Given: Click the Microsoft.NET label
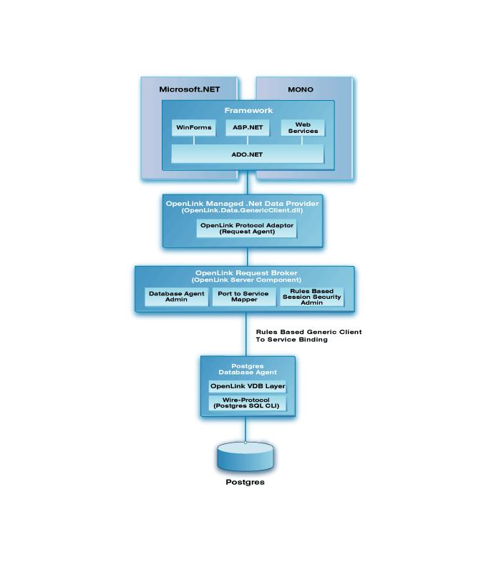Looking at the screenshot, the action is [x=190, y=89].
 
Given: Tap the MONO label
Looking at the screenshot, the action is [x=301, y=89].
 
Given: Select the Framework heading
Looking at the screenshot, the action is [x=248, y=110].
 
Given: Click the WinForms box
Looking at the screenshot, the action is [x=193, y=127].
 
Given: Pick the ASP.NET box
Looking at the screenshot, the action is [x=248, y=127].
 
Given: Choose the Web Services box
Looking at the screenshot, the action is [x=303, y=128].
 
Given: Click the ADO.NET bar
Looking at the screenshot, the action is [x=247, y=154].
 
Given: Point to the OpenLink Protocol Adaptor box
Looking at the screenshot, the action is [x=247, y=228].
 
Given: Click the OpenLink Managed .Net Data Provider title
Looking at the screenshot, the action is [x=242, y=204].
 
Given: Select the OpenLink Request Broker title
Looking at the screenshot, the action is [x=246, y=273].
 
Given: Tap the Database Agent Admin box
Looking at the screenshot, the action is [x=176, y=297].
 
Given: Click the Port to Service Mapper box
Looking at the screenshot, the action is [x=244, y=297].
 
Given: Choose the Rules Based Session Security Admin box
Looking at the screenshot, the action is [x=311, y=297].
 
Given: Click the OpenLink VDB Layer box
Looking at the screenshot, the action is [x=248, y=386].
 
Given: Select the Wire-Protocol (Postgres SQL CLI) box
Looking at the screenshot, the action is [x=247, y=403].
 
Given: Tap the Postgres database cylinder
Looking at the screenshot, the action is [x=245, y=456].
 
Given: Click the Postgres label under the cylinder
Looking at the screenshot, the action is [x=245, y=482].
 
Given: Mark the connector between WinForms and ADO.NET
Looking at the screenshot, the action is [x=194, y=140].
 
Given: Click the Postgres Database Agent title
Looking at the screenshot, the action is [x=248, y=369].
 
